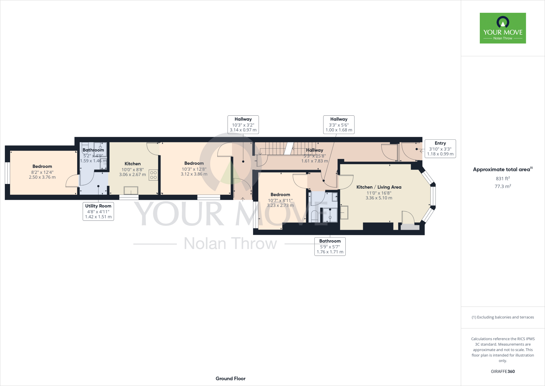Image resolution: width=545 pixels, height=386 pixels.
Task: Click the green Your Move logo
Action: (503, 28)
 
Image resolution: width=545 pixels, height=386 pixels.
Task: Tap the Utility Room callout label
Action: (98, 211)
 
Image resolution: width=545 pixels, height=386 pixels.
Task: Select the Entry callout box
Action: (440, 149)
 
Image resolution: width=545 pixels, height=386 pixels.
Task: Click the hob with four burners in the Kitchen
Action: (153, 175)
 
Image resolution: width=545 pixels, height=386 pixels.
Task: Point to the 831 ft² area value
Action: (503, 179)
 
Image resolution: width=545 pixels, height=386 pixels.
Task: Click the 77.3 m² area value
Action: (503, 186)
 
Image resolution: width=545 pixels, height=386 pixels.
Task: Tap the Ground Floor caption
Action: (230, 379)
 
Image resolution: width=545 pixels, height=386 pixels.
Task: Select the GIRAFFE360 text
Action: (503, 371)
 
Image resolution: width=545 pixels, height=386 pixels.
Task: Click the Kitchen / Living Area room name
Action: (379, 187)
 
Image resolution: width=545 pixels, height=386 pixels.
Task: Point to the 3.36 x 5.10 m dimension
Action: (379, 198)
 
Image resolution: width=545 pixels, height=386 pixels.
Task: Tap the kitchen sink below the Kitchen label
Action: (131, 190)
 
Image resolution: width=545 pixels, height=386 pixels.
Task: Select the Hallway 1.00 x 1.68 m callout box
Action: (339, 124)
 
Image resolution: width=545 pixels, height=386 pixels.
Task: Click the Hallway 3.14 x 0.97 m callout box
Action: (243, 124)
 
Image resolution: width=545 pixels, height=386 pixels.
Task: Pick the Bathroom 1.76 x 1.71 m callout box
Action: (330, 246)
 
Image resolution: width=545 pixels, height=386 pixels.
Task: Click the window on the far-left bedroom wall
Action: (7, 173)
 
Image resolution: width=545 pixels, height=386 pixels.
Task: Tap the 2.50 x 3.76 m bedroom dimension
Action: (42, 177)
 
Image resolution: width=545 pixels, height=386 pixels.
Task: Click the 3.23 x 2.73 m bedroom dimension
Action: (280, 206)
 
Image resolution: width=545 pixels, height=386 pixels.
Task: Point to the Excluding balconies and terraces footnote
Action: (503, 317)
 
